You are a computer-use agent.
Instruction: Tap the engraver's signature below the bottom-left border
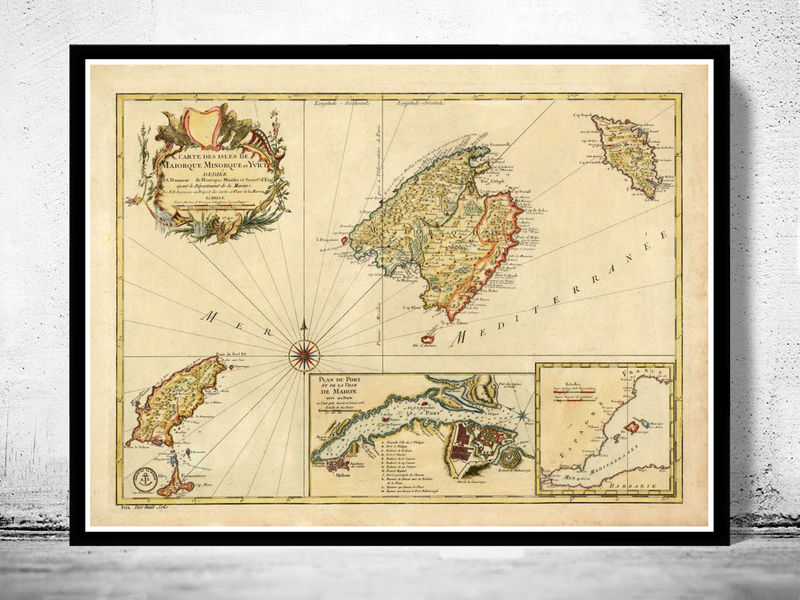pyautogui.click(x=128, y=510)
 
